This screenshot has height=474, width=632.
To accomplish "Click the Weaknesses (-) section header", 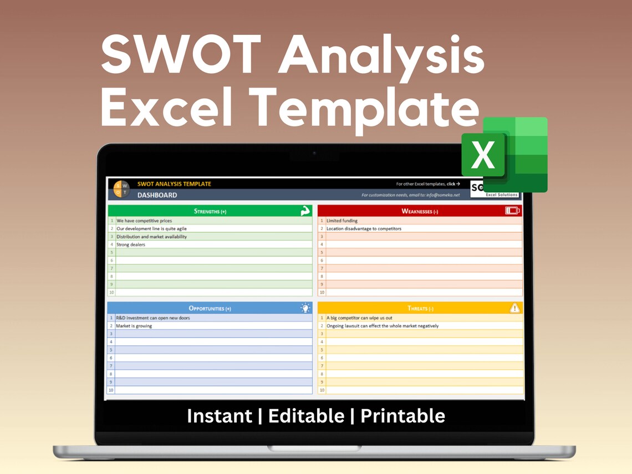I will click(420, 211).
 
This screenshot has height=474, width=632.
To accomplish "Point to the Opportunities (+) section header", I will click(210, 308).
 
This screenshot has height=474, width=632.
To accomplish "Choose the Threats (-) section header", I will click(420, 308).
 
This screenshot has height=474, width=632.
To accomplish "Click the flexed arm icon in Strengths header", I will click(305, 211).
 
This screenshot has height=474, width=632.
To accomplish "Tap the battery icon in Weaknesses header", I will click(512, 211).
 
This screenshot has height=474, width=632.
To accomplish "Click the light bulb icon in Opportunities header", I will click(305, 308).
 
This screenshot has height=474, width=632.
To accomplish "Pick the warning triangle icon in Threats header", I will click(514, 308).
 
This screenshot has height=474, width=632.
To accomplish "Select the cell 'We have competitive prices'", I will click(144, 221).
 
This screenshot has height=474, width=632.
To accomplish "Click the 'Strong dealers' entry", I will click(131, 244).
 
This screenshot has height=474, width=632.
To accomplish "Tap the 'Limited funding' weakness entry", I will click(342, 221).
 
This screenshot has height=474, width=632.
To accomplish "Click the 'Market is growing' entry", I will click(134, 326).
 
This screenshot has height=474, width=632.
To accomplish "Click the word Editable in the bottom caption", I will click(306, 416).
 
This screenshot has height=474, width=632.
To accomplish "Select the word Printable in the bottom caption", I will click(402, 416).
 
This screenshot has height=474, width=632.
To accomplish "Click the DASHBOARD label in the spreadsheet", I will click(157, 195).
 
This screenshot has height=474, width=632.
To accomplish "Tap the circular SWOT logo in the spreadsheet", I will click(121, 189).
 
